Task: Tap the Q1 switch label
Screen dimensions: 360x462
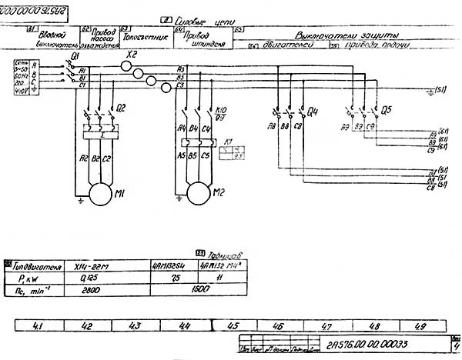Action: [75, 57]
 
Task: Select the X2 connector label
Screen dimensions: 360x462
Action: [132, 56]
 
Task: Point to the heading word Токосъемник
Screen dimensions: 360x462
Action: [146, 35]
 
